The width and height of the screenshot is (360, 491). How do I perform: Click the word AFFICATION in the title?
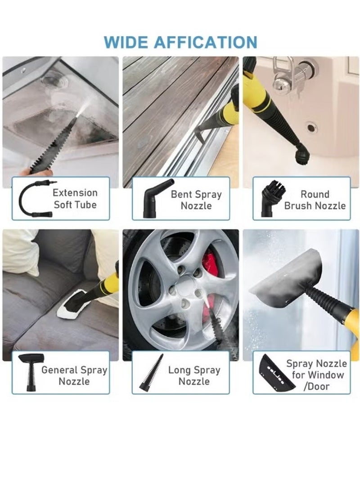coord(206,42)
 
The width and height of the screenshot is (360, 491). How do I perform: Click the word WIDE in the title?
coord(127,42)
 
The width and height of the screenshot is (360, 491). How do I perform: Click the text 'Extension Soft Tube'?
coord(75,199)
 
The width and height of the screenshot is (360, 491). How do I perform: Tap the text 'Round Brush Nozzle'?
coord(315,200)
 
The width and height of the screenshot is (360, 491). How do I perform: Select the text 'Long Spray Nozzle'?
coord(194,376)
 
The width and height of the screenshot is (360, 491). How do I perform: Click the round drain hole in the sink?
coord(311,127)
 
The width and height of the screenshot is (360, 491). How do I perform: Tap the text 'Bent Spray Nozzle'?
coord(196,200)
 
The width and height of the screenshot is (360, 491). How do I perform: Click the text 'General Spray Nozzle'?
coord(74,376)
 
